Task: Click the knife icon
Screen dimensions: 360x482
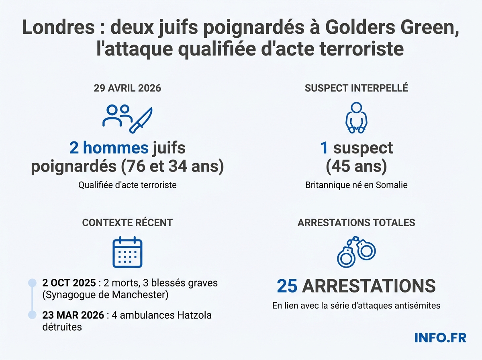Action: point(141,120)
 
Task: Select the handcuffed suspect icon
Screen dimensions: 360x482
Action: point(356,117)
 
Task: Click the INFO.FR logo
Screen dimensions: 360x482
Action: point(440,337)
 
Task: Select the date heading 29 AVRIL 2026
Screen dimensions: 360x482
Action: point(127,88)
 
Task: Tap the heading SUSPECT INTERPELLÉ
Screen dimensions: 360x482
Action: point(356,88)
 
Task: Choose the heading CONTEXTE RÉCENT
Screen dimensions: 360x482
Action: point(127,222)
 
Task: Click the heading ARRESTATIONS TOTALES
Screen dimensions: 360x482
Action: point(356,222)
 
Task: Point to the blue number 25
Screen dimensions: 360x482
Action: point(287,286)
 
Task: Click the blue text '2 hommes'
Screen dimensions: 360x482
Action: point(109,148)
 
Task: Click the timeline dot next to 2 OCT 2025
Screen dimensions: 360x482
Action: point(32,283)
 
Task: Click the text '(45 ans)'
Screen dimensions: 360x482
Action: point(356,166)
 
